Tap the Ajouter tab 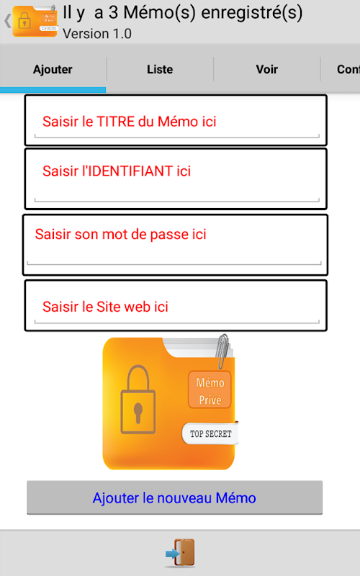(x=53, y=69)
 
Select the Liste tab (x=160, y=69)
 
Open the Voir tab (x=267, y=69)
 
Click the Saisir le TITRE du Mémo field (x=176, y=120)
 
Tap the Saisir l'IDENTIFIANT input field (x=176, y=179)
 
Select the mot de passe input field (x=175, y=245)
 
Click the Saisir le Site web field (x=176, y=305)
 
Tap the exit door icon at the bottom (x=180, y=552)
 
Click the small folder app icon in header (x=35, y=21)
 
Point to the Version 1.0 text (x=97, y=34)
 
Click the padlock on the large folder (x=138, y=400)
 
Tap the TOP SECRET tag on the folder (x=210, y=433)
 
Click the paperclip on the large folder (x=222, y=351)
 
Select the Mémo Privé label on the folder (x=210, y=390)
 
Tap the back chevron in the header (x=7, y=21)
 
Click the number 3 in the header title (x=113, y=12)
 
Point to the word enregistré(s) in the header (x=252, y=13)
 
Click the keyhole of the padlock (x=138, y=413)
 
